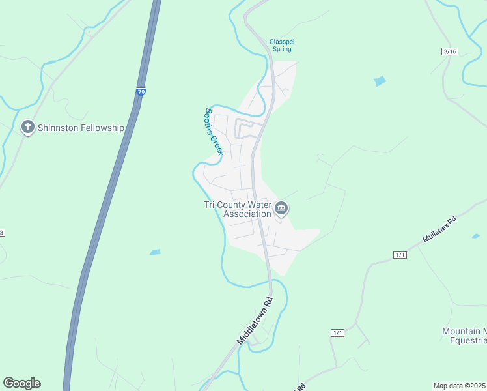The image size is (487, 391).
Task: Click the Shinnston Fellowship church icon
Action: [28, 127]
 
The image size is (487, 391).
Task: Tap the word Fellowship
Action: [101, 128]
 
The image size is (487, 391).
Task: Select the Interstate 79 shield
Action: [141, 92]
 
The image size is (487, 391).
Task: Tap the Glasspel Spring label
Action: [282, 45]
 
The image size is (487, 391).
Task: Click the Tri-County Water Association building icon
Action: [281, 209]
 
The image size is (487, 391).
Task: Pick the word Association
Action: [247, 214]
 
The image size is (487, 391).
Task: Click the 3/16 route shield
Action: [449, 51]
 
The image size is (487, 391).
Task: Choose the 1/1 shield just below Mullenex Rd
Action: [400, 254]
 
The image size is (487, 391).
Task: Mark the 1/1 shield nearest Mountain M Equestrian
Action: [337, 333]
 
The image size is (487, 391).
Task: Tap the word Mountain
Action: [460, 331]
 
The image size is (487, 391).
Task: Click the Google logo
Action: [21, 383]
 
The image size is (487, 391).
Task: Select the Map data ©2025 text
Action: [459, 385]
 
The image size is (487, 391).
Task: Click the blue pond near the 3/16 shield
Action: [380, 81]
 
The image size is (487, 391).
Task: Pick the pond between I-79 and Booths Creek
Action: [155, 252]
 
